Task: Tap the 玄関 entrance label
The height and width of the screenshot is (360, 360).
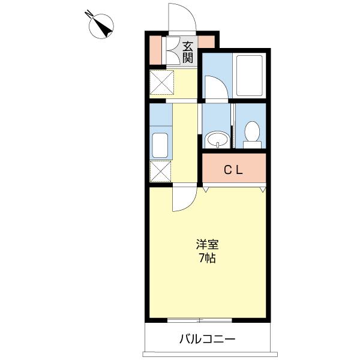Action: click(188, 52)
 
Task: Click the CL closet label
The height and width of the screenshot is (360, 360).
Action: click(233, 170)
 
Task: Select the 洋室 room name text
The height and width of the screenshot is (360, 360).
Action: click(206, 245)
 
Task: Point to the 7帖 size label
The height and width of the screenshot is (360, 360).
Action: click(206, 259)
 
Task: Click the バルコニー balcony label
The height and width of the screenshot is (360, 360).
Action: click(208, 339)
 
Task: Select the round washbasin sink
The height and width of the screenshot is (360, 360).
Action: click(215, 140)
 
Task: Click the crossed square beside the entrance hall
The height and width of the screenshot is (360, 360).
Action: click(162, 82)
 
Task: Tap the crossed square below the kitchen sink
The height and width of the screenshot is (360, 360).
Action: click(160, 172)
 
